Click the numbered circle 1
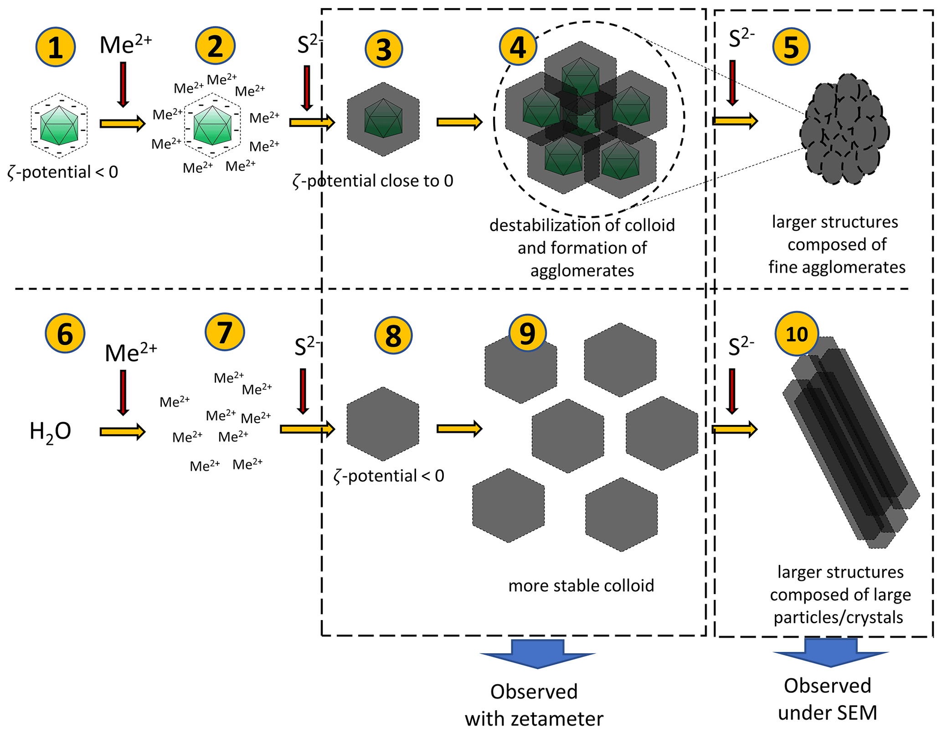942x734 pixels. point(56,47)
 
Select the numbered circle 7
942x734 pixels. point(225,332)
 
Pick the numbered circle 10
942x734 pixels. point(797,334)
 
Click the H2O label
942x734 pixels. point(50,431)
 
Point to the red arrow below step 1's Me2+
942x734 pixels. point(123,84)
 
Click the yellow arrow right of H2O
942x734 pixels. point(122,431)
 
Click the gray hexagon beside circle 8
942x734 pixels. point(383,424)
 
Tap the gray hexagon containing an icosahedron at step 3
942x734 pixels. point(383,119)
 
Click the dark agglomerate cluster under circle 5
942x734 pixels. point(844,129)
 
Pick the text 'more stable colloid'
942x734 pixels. point(581,585)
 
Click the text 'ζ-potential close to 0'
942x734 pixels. point(373,181)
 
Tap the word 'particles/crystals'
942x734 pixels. point(838,617)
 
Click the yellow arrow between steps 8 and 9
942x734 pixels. point(459,429)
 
